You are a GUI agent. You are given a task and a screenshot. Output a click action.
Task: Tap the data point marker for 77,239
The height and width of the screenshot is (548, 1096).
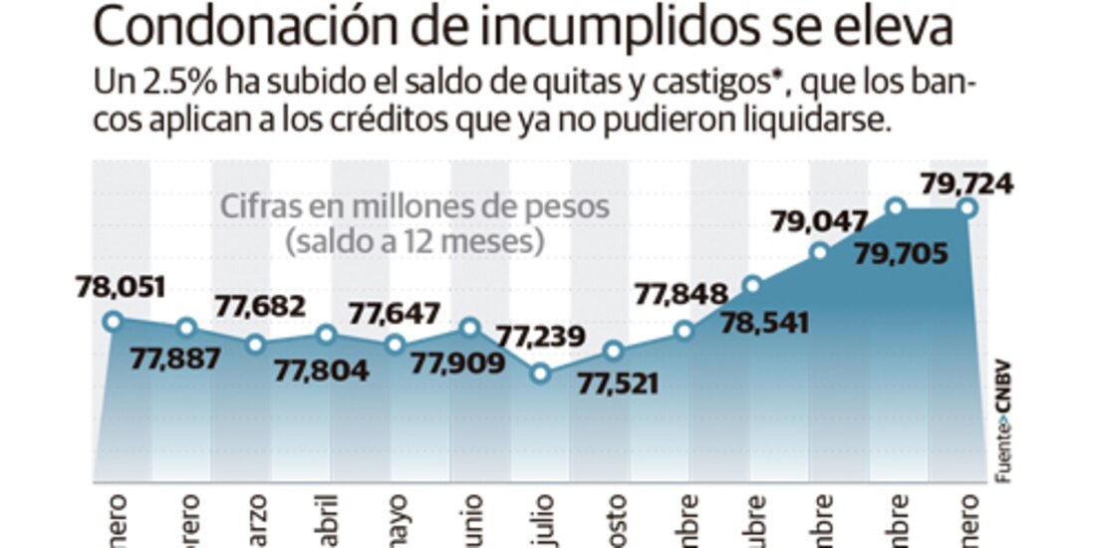click(x=540, y=374)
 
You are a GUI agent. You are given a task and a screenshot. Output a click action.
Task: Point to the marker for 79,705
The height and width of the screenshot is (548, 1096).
click(x=895, y=207)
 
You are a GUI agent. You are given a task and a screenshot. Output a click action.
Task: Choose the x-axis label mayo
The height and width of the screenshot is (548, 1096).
click(x=396, y=514)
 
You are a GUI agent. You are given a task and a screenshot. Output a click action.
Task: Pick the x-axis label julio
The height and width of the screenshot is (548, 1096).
click(x=540, y=514)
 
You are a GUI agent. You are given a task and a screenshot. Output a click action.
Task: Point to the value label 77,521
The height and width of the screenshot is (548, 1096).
click(x=618, y=382)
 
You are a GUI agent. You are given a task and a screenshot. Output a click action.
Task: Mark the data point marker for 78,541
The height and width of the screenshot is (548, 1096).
click(x=752, y=285)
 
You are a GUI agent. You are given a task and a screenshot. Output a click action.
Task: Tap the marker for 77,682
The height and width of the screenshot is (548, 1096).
click(x=256, y=344)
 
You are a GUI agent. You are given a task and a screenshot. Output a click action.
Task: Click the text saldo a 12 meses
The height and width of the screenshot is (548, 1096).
click(x=414, y=241)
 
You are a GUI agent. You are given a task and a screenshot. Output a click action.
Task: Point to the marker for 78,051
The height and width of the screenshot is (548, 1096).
click(x=113, y=321)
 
